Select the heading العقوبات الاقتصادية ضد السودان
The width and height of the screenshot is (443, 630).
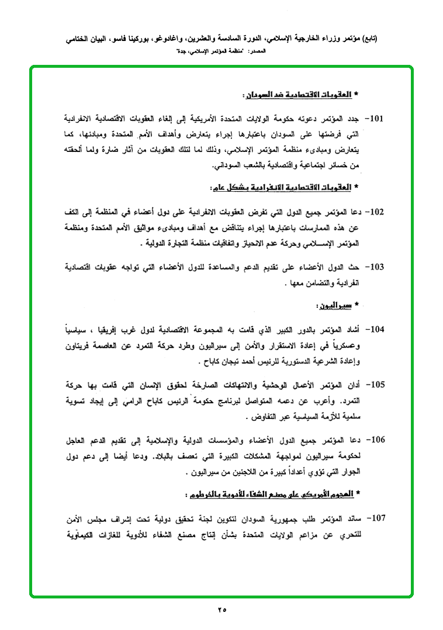(296, 94)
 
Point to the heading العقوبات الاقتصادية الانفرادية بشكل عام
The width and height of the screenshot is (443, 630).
(280, 188)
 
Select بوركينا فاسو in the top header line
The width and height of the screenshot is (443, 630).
(137, 39)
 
